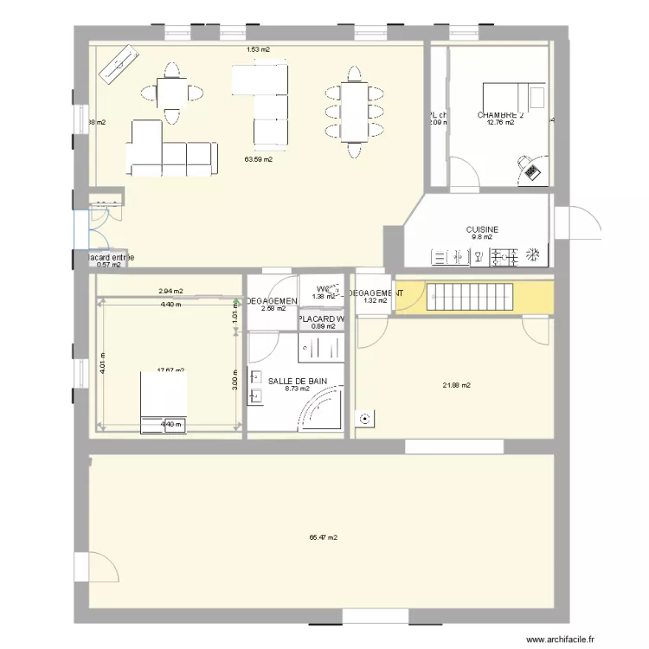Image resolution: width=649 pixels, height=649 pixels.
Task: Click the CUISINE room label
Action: [482, 229]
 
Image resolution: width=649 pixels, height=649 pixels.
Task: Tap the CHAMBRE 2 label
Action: [500, 115]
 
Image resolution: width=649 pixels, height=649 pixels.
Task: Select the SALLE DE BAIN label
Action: [297, 381]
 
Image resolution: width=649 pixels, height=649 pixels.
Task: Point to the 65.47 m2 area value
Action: [323, 537]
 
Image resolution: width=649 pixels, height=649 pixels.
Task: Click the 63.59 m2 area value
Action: [258, 159]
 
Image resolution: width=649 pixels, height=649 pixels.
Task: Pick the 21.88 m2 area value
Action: [456, 385]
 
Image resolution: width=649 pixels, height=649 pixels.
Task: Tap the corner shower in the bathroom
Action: [322, 407]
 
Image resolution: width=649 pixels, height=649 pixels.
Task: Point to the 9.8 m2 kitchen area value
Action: [481, 237]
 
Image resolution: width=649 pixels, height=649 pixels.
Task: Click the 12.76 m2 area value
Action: [500, 123]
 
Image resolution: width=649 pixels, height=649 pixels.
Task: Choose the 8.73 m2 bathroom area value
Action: [297, 389]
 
